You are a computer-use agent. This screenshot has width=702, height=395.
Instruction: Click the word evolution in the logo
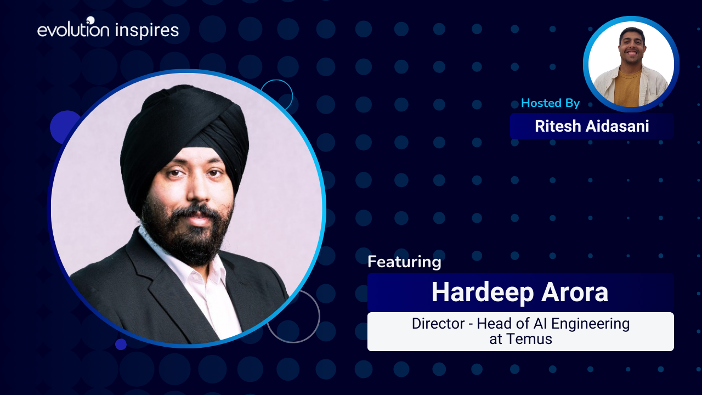[73, 30]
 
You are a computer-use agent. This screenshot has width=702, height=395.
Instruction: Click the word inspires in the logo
[147, 31]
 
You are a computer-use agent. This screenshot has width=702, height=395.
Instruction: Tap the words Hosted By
[550, 103]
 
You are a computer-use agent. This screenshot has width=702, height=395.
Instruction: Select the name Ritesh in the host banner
[558, 126]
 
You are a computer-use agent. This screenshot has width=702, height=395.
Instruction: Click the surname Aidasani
[618, 126]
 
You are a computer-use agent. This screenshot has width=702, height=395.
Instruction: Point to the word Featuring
[404, 262]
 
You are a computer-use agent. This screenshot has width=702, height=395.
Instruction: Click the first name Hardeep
[483, 292]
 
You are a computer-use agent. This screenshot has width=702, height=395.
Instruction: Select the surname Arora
[575, 292]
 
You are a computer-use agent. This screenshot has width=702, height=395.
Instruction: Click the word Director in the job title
[438, 324]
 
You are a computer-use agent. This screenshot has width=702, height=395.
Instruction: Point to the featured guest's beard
[188, 235]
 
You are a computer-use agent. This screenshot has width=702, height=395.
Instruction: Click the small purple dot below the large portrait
[121, 344]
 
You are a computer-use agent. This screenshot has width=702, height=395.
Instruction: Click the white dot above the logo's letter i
[90, 20]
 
